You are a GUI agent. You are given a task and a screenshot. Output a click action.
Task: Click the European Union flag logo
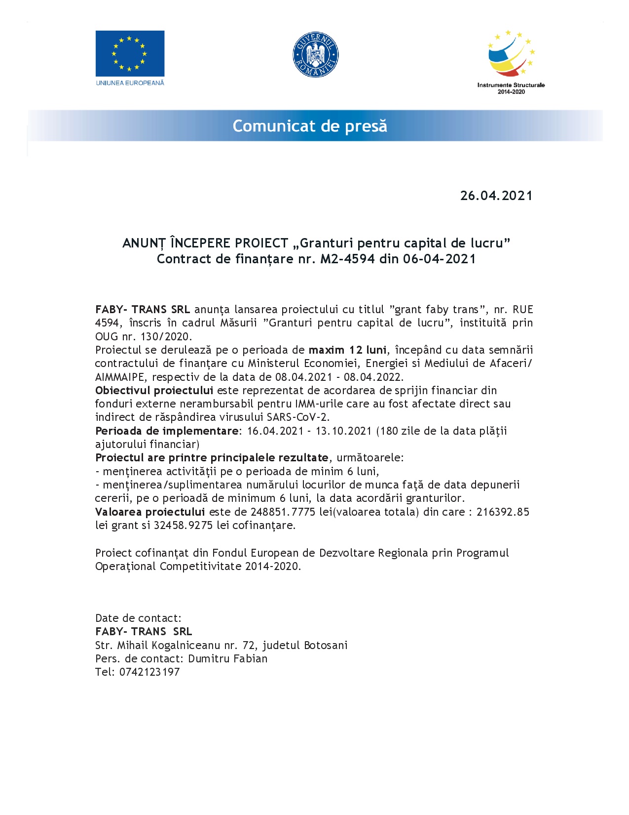point(130,53)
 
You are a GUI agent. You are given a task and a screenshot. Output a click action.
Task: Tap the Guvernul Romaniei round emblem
point(315,55)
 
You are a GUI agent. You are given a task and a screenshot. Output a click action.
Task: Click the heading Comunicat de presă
point(310,126)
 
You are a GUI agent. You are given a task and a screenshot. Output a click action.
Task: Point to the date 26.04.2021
point(496,196)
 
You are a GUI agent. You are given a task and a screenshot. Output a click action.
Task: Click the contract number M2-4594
point(347,259)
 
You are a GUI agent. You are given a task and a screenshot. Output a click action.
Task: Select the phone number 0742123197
point(149,672)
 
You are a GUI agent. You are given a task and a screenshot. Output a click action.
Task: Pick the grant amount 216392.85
point(503,512)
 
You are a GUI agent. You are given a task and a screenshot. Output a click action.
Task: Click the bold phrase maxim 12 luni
point(347,350)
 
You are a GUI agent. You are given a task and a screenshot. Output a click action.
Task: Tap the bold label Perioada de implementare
point(167,431)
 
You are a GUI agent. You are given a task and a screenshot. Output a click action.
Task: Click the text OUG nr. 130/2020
point(143,337)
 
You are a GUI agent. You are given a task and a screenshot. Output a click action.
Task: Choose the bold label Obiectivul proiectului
point(154,391)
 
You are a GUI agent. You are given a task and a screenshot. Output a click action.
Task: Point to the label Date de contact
point(138,618)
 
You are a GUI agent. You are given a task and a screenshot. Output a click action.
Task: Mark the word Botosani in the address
point(326,645)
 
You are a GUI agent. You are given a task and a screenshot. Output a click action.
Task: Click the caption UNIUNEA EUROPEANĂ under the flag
point(130,83)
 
